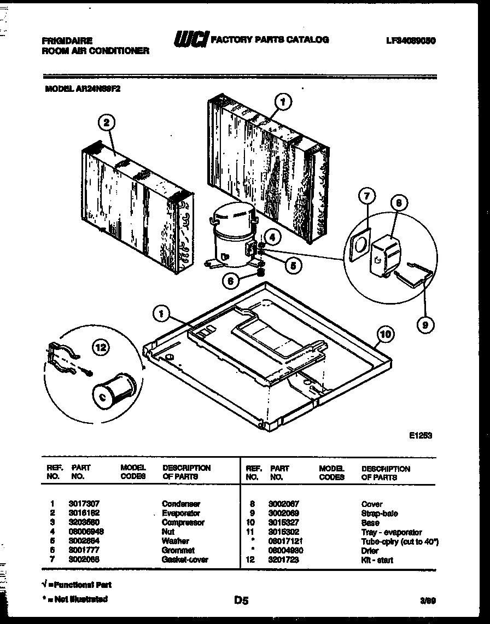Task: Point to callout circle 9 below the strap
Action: coord(424,325)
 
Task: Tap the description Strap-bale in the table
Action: coord(380,514)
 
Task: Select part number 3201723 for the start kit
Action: coord(284,560)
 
